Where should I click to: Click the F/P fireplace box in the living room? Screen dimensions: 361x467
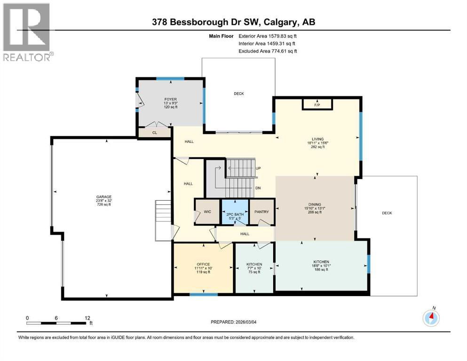pos(317,104)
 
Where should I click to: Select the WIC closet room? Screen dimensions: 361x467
pos(207,212)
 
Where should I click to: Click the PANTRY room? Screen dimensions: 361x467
pos(262,212)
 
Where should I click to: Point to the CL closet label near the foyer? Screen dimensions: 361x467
pos(154,133)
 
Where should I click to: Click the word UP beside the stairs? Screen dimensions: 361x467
pos(258,168)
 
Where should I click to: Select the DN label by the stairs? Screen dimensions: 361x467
pos(258,188)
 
